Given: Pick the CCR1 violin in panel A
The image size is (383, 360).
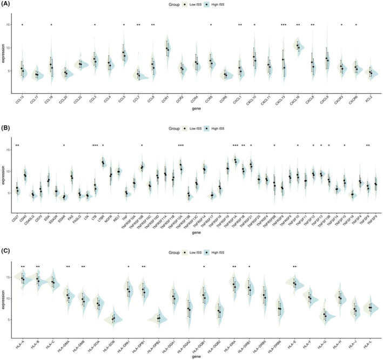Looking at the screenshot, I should pyautogui.click(x=167, y=51).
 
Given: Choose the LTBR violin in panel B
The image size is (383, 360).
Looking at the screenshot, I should pyautogui.click(x=103, y=163).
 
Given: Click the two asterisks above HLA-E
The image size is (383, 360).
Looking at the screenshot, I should pyautogui.click(x=294, y=267).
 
